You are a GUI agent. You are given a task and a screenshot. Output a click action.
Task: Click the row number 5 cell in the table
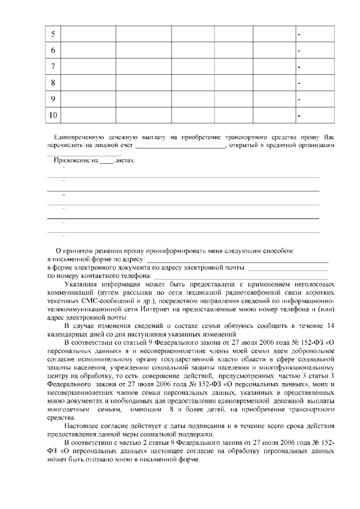coord(52,34)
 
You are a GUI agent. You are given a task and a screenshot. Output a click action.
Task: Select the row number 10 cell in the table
coord(52,116)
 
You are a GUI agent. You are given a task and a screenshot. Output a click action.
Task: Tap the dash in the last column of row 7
coord(299,67)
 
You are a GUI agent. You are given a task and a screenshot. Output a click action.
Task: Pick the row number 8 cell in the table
coord(52,83)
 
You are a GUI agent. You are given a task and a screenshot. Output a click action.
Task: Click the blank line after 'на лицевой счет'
coord(181,146)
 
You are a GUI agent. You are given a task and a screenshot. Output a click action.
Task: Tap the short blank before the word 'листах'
coord(106,161)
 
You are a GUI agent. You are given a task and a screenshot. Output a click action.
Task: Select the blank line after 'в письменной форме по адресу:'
coord(237,260)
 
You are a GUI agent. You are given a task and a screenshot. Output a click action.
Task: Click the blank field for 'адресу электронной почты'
coord(287,268)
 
